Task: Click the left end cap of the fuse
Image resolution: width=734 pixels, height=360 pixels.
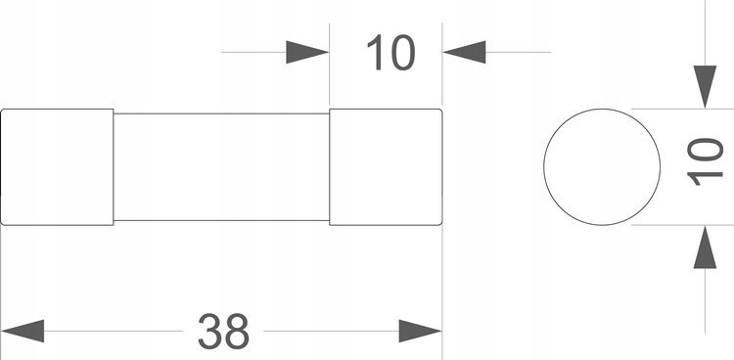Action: [57, 167]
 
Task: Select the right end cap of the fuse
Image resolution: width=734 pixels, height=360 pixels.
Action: [386, 167]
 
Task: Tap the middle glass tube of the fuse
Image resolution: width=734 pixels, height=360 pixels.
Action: [221, 167]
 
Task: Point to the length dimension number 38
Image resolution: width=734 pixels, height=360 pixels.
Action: [223, 332]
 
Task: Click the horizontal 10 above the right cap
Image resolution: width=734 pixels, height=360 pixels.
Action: [390, 53]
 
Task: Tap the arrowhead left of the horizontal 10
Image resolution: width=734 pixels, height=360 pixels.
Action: [306, 52]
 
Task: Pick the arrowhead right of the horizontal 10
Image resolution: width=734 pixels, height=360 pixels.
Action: [466, 52]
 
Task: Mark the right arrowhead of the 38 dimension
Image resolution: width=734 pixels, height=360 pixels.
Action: [420, 330]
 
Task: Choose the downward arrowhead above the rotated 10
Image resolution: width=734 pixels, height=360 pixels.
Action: [704, 86]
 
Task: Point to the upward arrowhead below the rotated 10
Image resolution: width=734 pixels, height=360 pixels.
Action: [704, 248]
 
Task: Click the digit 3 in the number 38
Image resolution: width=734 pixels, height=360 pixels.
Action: [208, 332]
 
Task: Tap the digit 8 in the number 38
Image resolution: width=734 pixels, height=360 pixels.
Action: [238, 332]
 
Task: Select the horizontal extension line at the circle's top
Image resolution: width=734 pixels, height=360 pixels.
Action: [665, 109]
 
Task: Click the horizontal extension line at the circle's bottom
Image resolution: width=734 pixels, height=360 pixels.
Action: [665, 225]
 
